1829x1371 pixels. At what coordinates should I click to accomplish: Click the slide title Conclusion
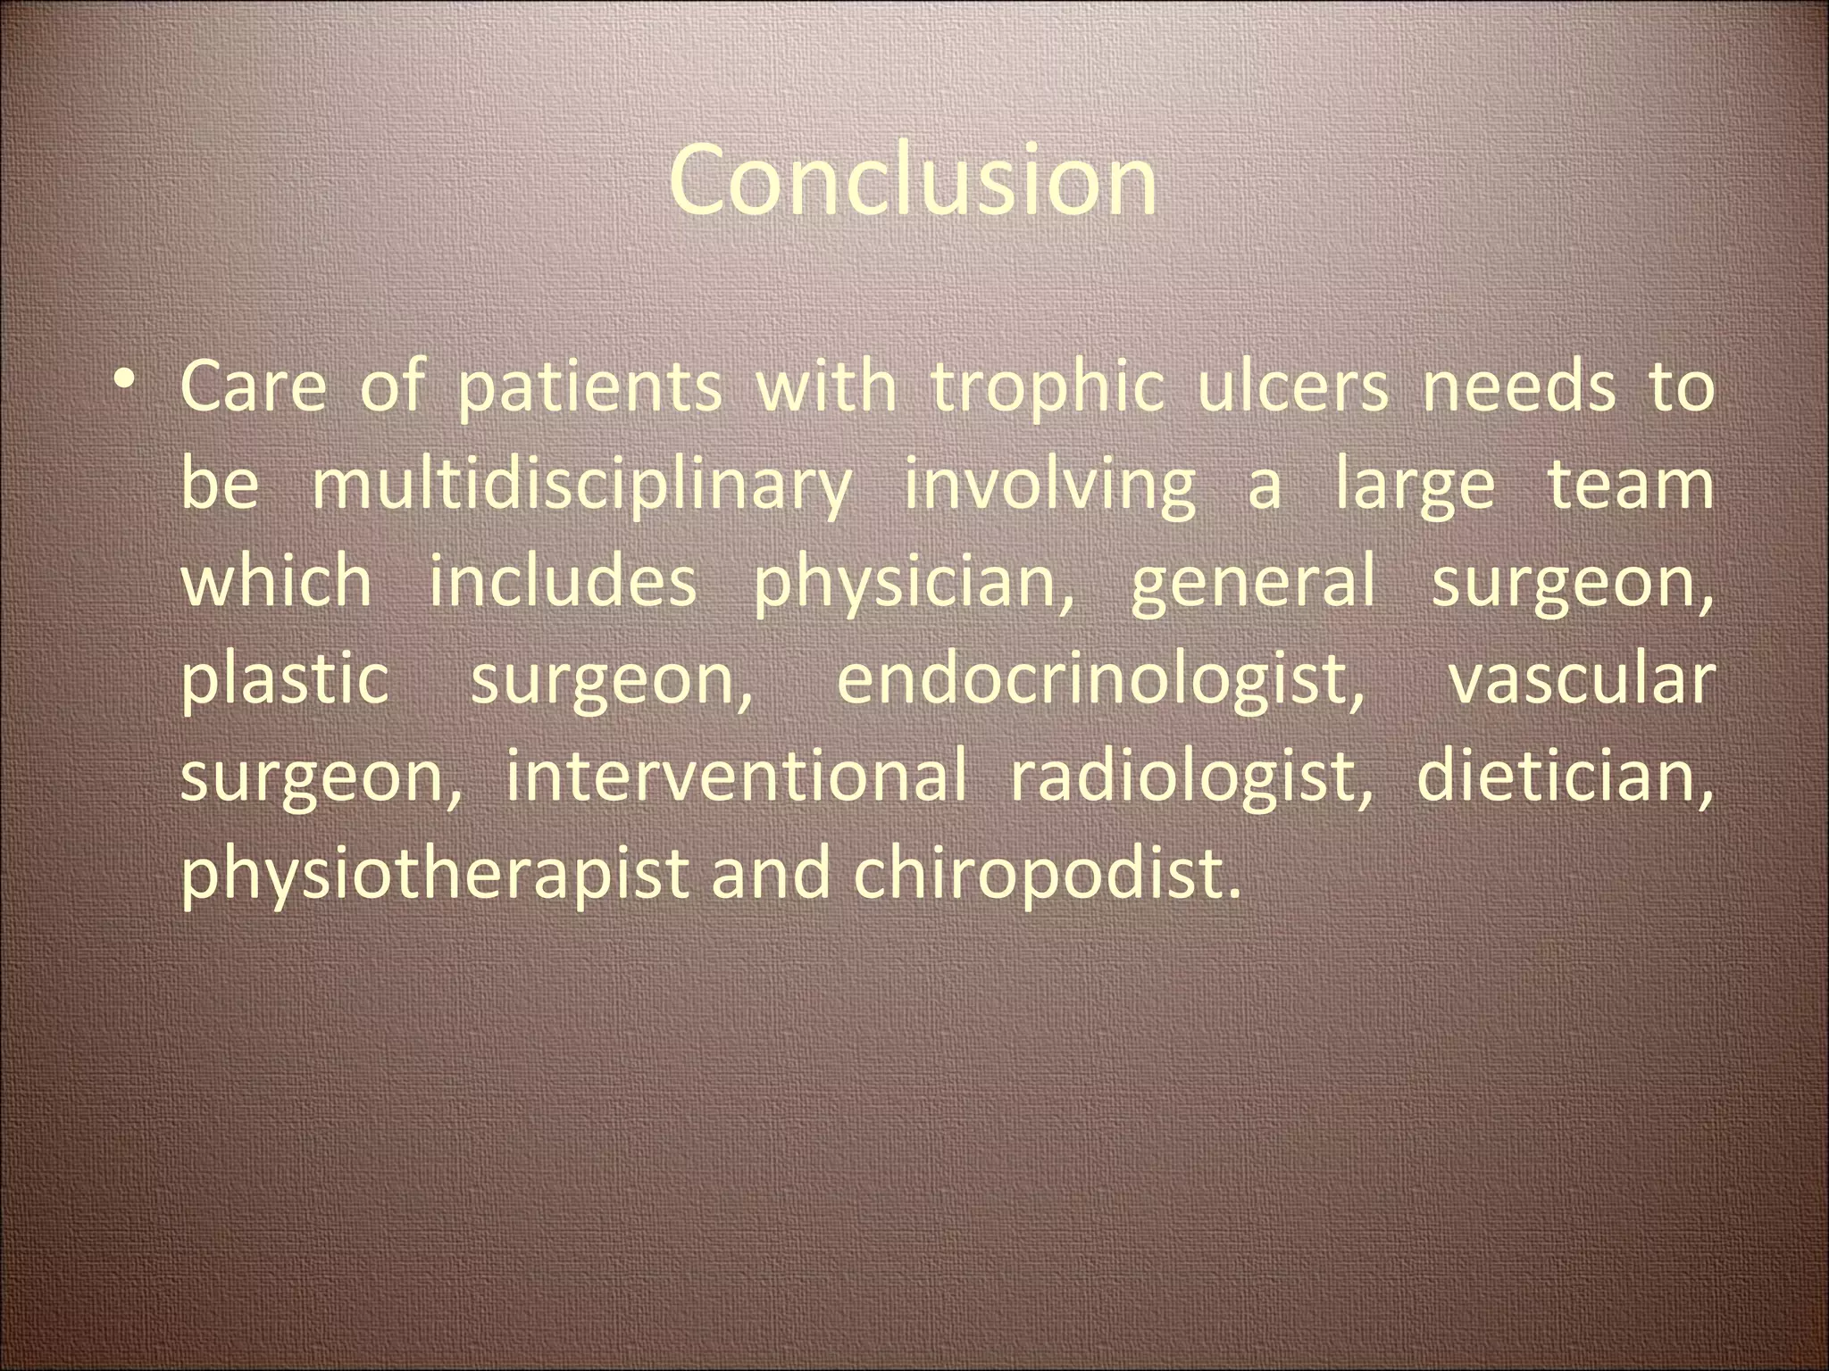point(913,181)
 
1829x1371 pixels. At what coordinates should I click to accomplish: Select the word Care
point(254,387)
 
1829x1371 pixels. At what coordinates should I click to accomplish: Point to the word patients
point(589,389)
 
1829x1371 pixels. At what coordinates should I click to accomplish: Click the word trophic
point(1048,389)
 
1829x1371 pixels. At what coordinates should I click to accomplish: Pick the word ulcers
point(1293,387)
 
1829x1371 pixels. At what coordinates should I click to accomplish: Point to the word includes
point(563,582)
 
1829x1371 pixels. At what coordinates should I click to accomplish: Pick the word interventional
point(736,775)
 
